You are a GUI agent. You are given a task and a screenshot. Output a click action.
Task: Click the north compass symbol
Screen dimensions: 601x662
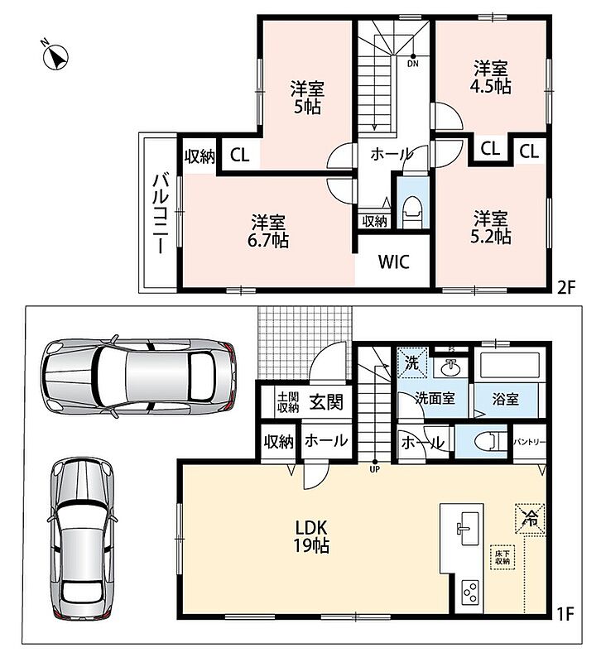click(55, 56)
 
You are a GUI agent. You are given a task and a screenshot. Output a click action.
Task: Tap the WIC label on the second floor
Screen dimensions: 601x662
click(393, 262)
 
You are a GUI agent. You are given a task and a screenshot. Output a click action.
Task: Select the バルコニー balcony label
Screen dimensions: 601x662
click(161, 213)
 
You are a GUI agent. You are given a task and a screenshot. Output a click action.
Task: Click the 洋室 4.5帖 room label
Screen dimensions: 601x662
click(490, 77)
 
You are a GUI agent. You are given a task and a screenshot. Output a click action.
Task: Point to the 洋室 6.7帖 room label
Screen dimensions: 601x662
click(268, 231)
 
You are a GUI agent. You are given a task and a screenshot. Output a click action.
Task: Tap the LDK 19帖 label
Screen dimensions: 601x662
click(311, 536)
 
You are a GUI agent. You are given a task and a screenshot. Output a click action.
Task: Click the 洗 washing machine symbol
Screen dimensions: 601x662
click(412, 362)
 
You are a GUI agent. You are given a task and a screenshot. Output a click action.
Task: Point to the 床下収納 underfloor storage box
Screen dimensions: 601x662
click(502, 557)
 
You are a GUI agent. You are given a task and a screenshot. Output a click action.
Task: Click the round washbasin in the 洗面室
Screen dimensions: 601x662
click(451, 367)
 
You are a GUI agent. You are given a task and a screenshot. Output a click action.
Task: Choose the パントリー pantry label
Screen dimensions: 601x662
click(530, 443)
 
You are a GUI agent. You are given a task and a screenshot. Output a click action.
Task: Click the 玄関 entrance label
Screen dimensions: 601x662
click(326, 401)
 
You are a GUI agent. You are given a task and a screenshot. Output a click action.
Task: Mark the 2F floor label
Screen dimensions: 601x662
click(566, 288)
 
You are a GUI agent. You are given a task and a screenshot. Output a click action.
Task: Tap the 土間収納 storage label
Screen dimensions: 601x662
click(288, 402)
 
